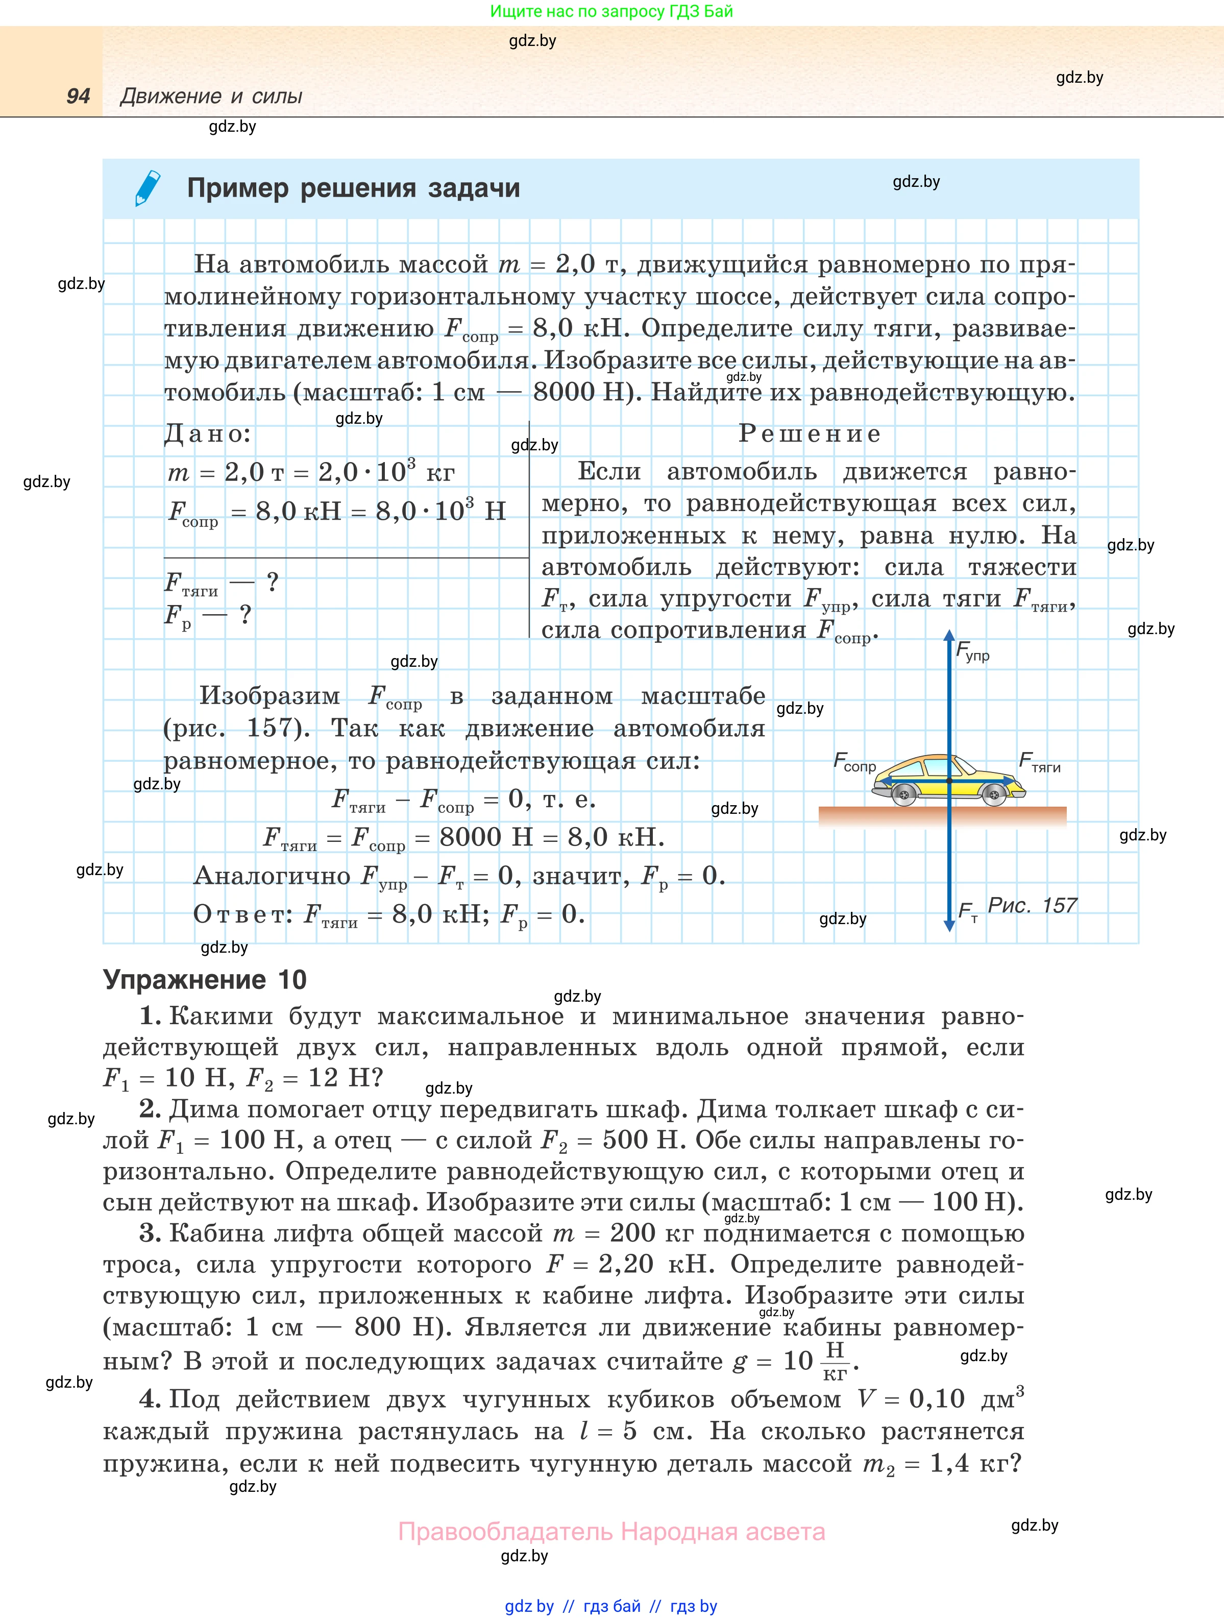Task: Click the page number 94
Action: coord(78,96)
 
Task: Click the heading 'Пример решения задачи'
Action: coord(353,188)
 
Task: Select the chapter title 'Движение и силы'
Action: coord(211,96)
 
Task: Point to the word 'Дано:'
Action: coord(207,434)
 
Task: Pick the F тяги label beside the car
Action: coord(1039,763)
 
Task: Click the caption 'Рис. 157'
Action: coord(1032,906)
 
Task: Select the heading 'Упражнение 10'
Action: coord(205,980)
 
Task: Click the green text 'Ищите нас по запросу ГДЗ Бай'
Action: coord(611,11)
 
